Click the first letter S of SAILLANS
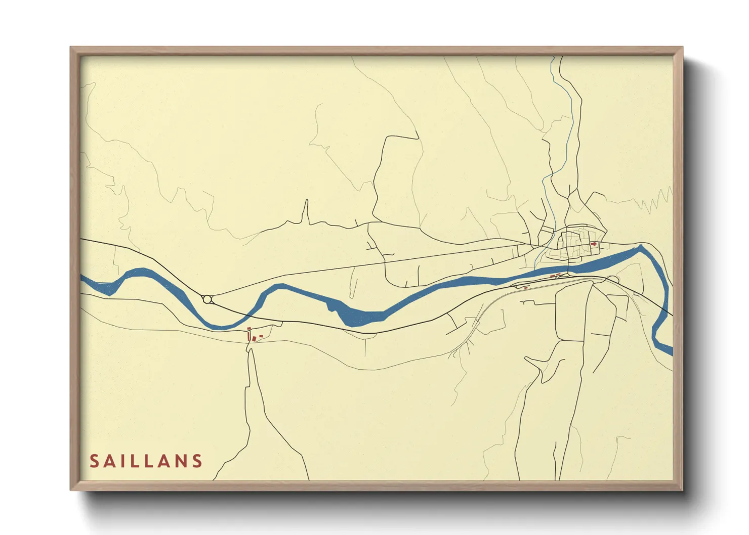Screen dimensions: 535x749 coord(95,461)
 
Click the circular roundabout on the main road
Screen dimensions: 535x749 coord(207,299)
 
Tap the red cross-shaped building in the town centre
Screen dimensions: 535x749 coord(594,244)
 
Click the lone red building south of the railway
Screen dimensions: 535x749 coord(526,287)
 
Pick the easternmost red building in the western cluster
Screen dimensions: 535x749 coord(261,336)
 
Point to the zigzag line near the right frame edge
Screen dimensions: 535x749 coord(657,200)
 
